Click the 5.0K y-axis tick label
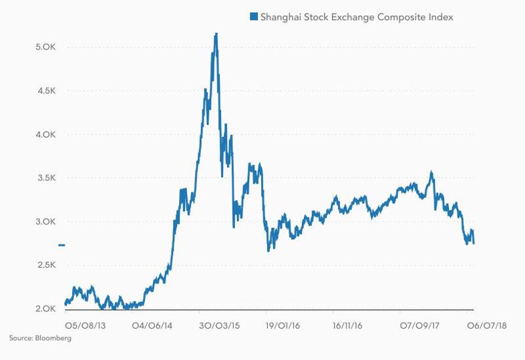point(45,47)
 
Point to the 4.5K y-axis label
point(45,91)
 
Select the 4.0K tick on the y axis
point(45,135)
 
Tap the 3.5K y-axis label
point(45,178)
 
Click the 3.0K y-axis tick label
point(45,222)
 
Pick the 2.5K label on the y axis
point(45,265)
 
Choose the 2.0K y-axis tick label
point(45,309)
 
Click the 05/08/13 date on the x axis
point(85,325)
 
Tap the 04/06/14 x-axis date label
point(152,325)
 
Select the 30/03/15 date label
point(219,325)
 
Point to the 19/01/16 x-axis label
point(283,325)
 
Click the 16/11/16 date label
point(347,325)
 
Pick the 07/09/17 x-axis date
point(419,325)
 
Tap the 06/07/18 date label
point(486,325)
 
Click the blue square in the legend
point(254,17)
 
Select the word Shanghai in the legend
point(281,17)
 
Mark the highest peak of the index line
point(216,33)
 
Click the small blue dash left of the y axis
point(61,245)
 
